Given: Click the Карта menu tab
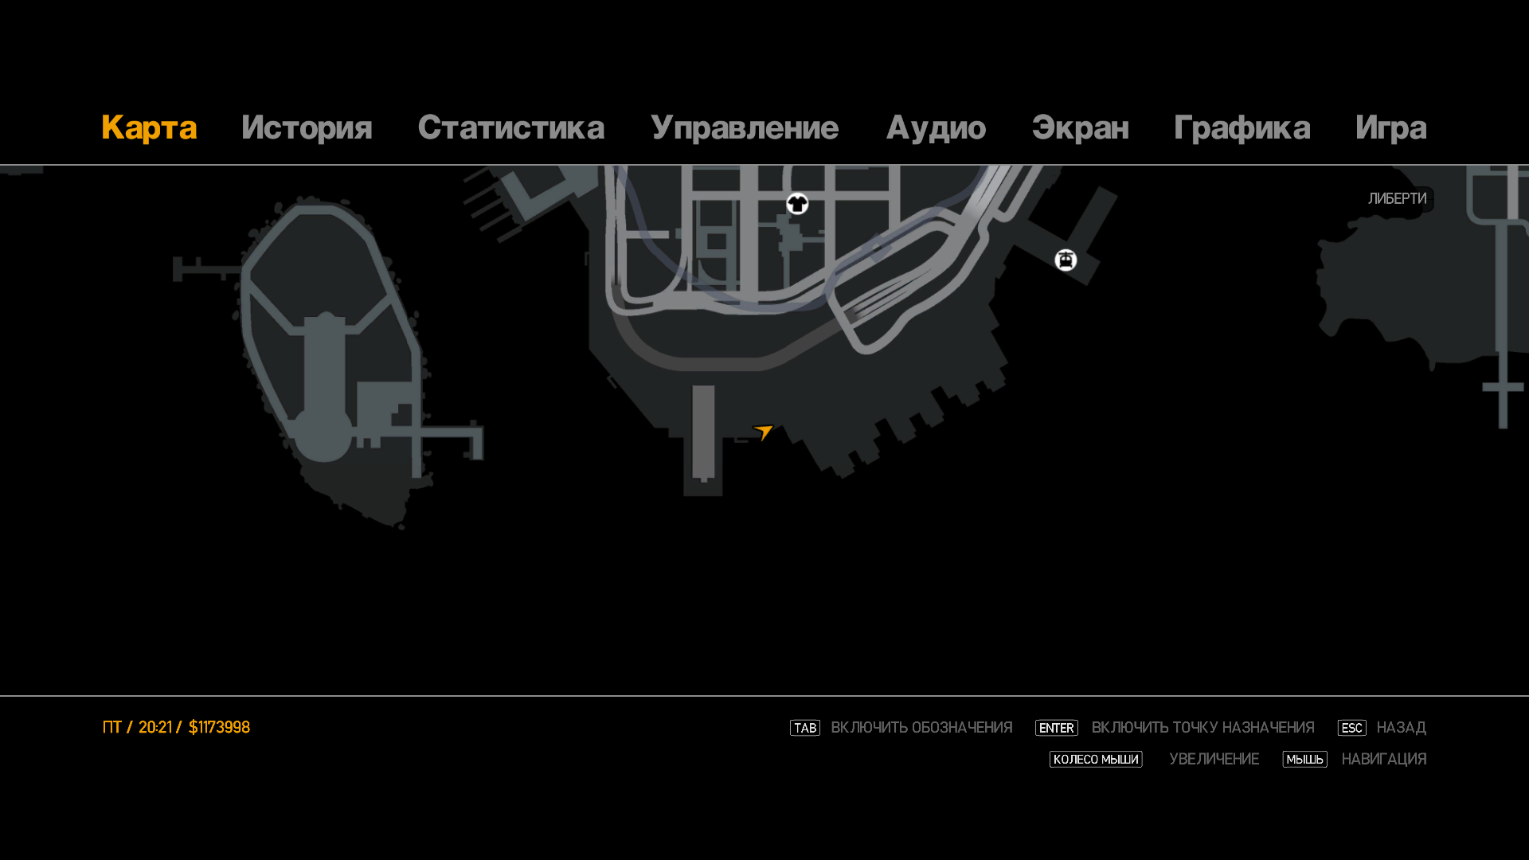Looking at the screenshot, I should click(149, 128).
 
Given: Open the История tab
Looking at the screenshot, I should click(307, 128).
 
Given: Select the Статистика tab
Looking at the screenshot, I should click(510, 128).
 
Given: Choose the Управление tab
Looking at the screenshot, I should click(744, 128).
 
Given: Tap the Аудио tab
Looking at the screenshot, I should click(936, 128).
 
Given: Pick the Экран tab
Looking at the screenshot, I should click(1080, 128).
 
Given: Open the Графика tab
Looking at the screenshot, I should click(1242, 128).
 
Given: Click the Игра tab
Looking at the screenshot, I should click(1390, 128).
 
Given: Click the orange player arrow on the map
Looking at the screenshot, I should click(764, 432).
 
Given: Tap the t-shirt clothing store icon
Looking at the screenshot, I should click(797, 204).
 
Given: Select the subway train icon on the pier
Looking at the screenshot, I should click(1066, 260).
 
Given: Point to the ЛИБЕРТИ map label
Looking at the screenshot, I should click(1397, 199).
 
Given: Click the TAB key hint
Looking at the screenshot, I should click(804, 728).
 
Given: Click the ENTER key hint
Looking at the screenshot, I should click(1056, 728).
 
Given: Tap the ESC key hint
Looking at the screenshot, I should click(1351, 728).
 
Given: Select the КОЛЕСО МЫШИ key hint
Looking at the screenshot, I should click(1095, 760).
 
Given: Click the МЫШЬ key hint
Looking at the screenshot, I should click(1304, 760).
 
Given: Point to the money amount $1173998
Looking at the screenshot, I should click(219, 728).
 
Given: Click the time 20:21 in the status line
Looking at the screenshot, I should click(154, 728).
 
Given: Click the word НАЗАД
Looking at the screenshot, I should click(1401, 728).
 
